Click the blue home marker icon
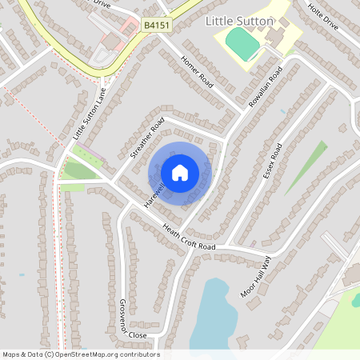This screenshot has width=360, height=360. pos(180,173)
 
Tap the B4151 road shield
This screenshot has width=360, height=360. pos(157,26)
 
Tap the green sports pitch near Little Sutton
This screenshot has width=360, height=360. pos(243,42)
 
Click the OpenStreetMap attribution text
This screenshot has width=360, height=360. pos(81,354)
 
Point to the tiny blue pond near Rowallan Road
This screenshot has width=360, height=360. pos(282,111)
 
